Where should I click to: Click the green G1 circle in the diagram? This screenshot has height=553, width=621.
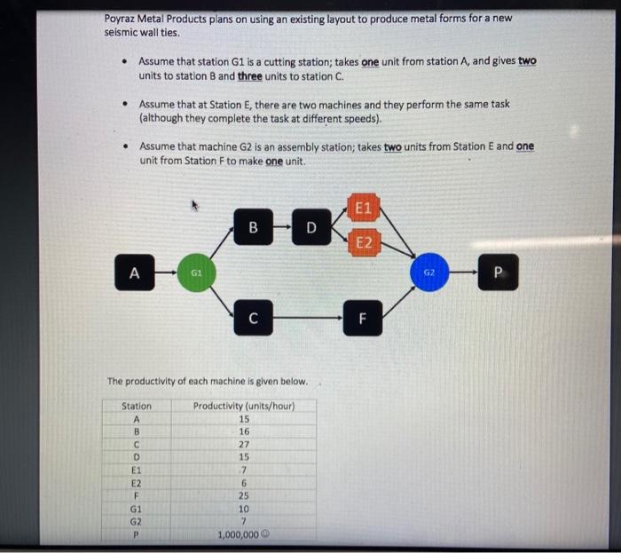coord(196,273)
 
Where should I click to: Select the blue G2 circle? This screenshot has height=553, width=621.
coord(429,273)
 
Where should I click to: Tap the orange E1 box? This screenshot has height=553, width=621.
coord(364,208)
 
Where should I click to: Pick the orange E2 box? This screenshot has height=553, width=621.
coord(364,242)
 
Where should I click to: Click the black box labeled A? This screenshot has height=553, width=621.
coord(135,273)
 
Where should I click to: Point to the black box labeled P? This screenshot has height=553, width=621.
coord(499,273)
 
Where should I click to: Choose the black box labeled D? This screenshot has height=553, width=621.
coord(311,227)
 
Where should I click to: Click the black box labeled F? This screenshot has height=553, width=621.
coord(363,318)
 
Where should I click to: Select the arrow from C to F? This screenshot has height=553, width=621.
coord(308,318)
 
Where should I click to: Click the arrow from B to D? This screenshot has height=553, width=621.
coord(282,227)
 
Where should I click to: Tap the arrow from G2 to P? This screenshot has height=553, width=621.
coord(463,273)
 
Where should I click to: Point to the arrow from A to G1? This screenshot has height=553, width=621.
coord(166,273)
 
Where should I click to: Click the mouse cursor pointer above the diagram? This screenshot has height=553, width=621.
coord(194,205)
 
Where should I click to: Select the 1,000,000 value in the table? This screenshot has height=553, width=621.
coord(238,534)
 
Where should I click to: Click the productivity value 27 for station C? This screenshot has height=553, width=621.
coord(244,445)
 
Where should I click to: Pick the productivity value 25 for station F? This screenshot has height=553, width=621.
coord(244,495)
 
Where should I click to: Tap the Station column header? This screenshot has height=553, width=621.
coord(137,406)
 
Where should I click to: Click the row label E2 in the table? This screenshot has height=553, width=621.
coord(137,483)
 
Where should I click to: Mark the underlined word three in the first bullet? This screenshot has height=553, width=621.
coord(250,76)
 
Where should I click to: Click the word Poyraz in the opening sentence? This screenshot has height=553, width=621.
coord(120,19)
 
